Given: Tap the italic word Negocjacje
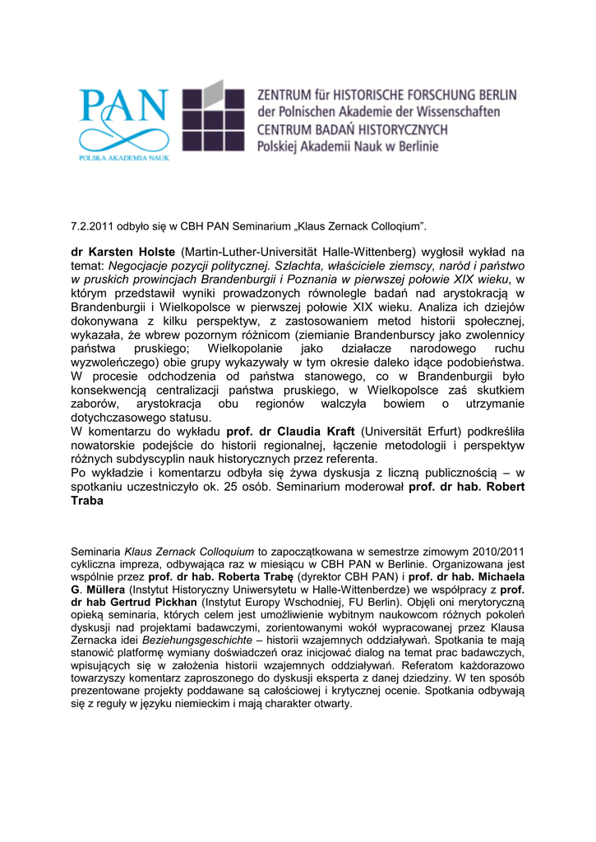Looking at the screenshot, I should tap(144, 266).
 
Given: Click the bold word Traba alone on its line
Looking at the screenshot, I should tap(88, 501).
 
